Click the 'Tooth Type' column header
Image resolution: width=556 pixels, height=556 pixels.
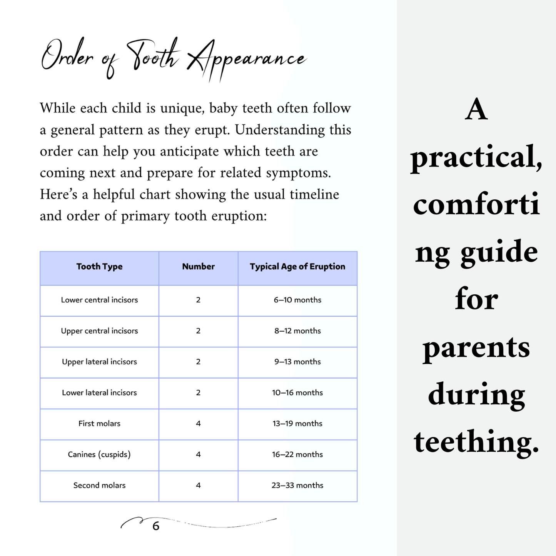pyautogui.click(x=99, y=267)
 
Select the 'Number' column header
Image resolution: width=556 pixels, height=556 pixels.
pyautogui.click(x=198, y=267)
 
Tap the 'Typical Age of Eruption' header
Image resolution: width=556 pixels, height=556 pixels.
pyautogui.click(x=297, y=267)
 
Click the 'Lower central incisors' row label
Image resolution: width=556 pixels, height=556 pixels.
pyautogui.click(x=99, y=300)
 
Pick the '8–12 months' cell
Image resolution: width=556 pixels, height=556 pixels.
pyautogui.click(x=297, y=331)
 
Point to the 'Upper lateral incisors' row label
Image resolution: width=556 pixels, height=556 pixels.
pyautogui.click(x=99, y=362)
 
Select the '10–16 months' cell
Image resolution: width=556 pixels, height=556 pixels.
pyautogui.click(x=297, y=393)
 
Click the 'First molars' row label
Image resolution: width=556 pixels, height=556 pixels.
pyautogui.click(x=99, y=424)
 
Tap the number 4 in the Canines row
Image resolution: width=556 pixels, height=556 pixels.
pyautogui.click(x=198, y=454)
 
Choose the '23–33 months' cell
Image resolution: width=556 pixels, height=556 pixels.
pyautogui.click(x=297, y=486)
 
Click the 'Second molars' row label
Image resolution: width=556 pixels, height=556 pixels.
pyautogui.click(x=99, y=486)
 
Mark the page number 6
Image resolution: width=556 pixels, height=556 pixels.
pyautogui.click(x=156, y=526)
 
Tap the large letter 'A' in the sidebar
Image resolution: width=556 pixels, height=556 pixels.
pyautogui.click(x=476, y=110)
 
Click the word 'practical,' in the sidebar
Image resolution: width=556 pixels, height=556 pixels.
pyautogui.click(x=476, y=158)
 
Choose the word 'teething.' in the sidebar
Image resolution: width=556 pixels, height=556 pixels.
pyautogui.click(x=476, y=442)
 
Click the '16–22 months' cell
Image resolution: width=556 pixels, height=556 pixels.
pyautogui.click(x=297, y=454)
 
